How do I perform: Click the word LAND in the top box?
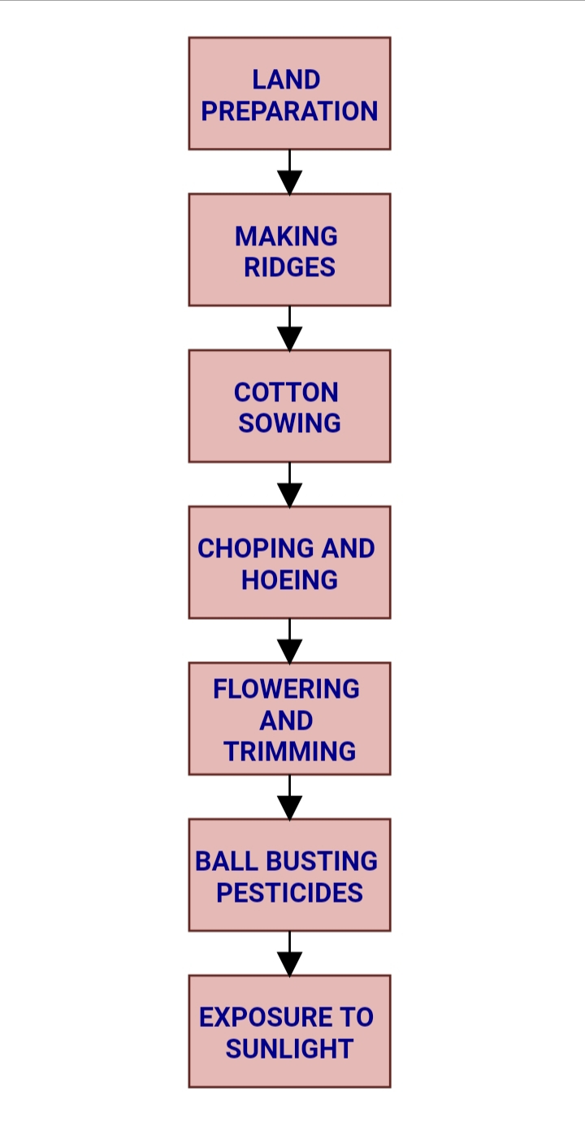286,80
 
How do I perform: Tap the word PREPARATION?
289,111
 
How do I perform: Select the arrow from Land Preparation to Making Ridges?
289,172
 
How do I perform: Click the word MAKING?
286,236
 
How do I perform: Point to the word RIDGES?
289,267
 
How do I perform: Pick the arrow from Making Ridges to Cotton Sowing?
289,328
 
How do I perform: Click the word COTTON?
286,392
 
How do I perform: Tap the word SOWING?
289,423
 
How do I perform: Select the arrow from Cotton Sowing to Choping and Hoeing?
289,485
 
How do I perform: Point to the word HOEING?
289,580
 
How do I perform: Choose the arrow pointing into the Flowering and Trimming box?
289,641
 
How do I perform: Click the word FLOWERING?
286,689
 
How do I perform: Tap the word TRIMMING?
289,751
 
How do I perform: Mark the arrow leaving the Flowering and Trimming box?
289,797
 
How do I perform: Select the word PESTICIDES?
289,893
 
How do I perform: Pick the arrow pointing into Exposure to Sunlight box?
289,954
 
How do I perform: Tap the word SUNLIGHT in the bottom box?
289,1049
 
